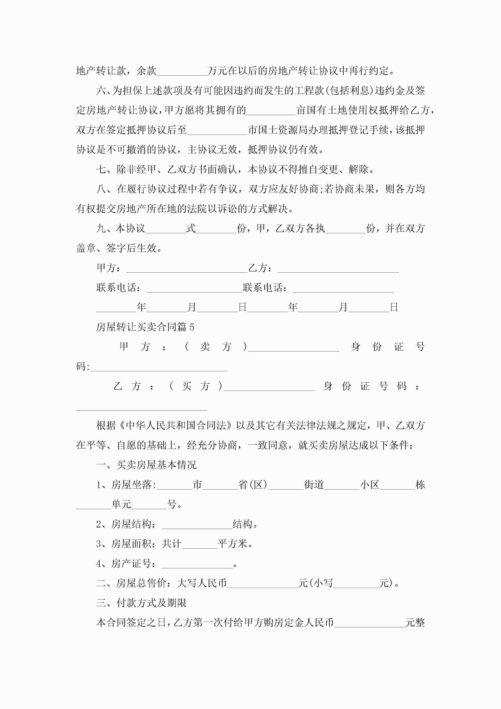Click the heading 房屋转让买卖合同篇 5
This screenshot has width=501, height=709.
[145, 327]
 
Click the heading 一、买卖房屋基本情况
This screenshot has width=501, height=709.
[146, 465]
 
